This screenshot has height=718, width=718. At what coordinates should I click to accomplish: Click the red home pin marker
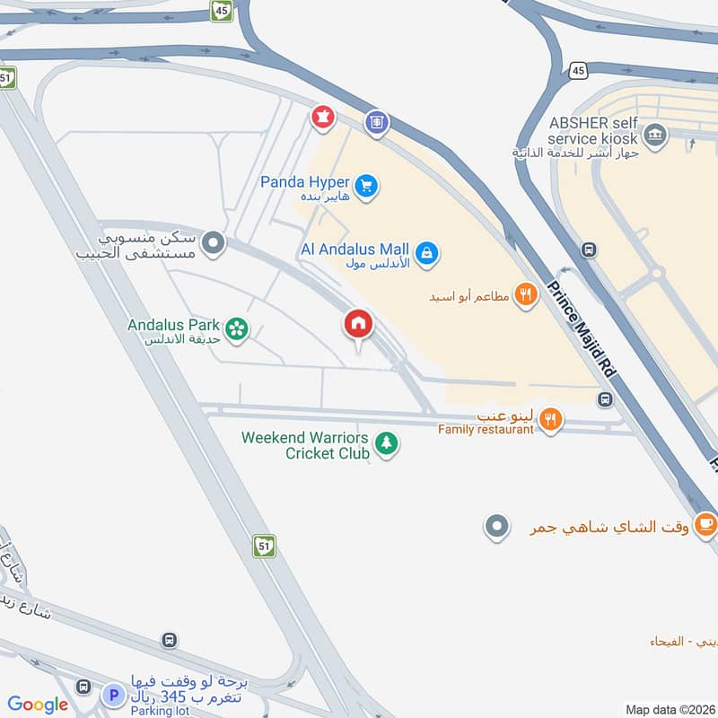[x=358, y=324]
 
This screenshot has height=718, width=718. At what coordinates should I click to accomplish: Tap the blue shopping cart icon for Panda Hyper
[x=365, y=187]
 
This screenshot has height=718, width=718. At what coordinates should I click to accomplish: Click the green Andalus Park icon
[x=237, y=329]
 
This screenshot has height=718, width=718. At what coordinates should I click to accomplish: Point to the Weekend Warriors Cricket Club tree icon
[x=387, y=442]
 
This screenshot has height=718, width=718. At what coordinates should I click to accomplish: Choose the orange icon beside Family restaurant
[x=553, y=419]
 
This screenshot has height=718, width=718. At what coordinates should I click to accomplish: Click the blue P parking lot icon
[x=112, y=694]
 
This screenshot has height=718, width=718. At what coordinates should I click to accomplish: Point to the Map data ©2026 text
[x=668, y=709]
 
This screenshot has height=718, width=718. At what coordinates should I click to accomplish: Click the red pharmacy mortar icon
[x=321, y=117]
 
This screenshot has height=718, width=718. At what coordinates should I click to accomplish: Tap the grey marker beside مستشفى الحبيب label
[x=213, y=243]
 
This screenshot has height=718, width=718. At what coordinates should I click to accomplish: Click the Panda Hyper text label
[x=305, y=182]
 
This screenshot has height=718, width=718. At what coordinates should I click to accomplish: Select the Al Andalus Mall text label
[x=356, y=250]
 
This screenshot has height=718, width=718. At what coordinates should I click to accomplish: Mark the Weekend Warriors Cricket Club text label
[x=305, y=445]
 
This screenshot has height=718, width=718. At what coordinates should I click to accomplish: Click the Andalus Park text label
[x=174, y=325]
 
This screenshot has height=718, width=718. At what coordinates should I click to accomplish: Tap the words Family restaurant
[x=486, y=430]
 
